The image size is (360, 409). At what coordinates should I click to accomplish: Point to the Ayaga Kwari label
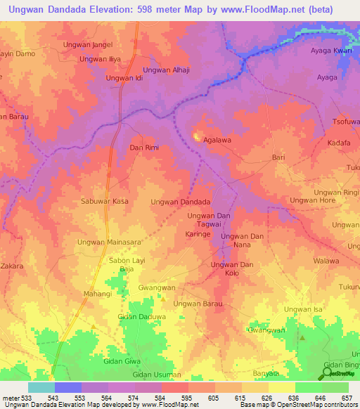(x=331, y=51)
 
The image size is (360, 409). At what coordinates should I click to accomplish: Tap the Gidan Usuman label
(x=147, y=375)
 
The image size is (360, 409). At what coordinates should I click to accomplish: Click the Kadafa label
(x=339, y=143)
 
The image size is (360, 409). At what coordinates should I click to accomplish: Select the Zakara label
(x=12, y=266)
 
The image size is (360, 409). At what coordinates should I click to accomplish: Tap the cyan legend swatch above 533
(x=41, y=387)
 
